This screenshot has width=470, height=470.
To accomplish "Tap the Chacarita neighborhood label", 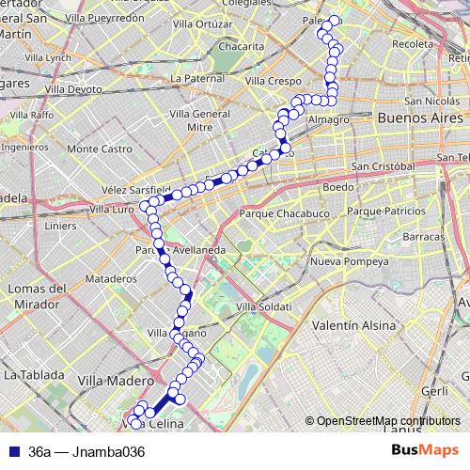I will (241, 45).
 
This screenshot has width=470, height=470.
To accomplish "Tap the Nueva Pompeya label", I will (343, 260).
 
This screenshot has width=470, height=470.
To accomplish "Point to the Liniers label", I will (59, 226).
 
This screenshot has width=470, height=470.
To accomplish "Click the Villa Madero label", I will (116, 381).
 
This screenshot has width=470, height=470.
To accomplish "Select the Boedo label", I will (338, 187).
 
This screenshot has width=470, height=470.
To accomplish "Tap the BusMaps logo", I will (425, 450).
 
